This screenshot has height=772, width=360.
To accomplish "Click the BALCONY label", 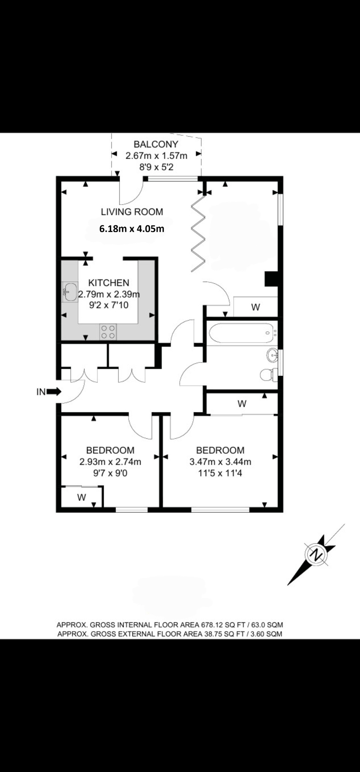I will pos(156,144).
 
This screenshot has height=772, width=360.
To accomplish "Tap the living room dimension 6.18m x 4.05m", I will pos(132,229).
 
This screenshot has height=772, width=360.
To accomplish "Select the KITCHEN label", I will pos(109,283).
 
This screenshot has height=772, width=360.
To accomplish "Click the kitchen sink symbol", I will pos(70,292).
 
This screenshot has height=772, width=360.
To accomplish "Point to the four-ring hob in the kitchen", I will pos(108,332).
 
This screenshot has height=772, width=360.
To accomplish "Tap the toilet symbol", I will pos(268,375).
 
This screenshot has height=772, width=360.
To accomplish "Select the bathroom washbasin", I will pos(273,355).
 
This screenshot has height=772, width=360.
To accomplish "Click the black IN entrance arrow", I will pos(54,391).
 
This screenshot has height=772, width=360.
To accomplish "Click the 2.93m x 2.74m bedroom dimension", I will pos(110,462).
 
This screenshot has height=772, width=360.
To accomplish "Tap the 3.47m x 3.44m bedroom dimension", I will pos(220,462).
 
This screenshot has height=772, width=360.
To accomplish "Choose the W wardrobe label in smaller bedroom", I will pos(81,497).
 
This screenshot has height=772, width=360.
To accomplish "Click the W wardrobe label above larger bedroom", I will pos(242,404).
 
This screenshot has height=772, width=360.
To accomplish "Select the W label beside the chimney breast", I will pos(255,307).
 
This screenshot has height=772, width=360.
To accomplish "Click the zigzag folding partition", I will pos(198,233).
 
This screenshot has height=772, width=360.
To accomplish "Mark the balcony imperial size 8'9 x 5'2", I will pos(156,167).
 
